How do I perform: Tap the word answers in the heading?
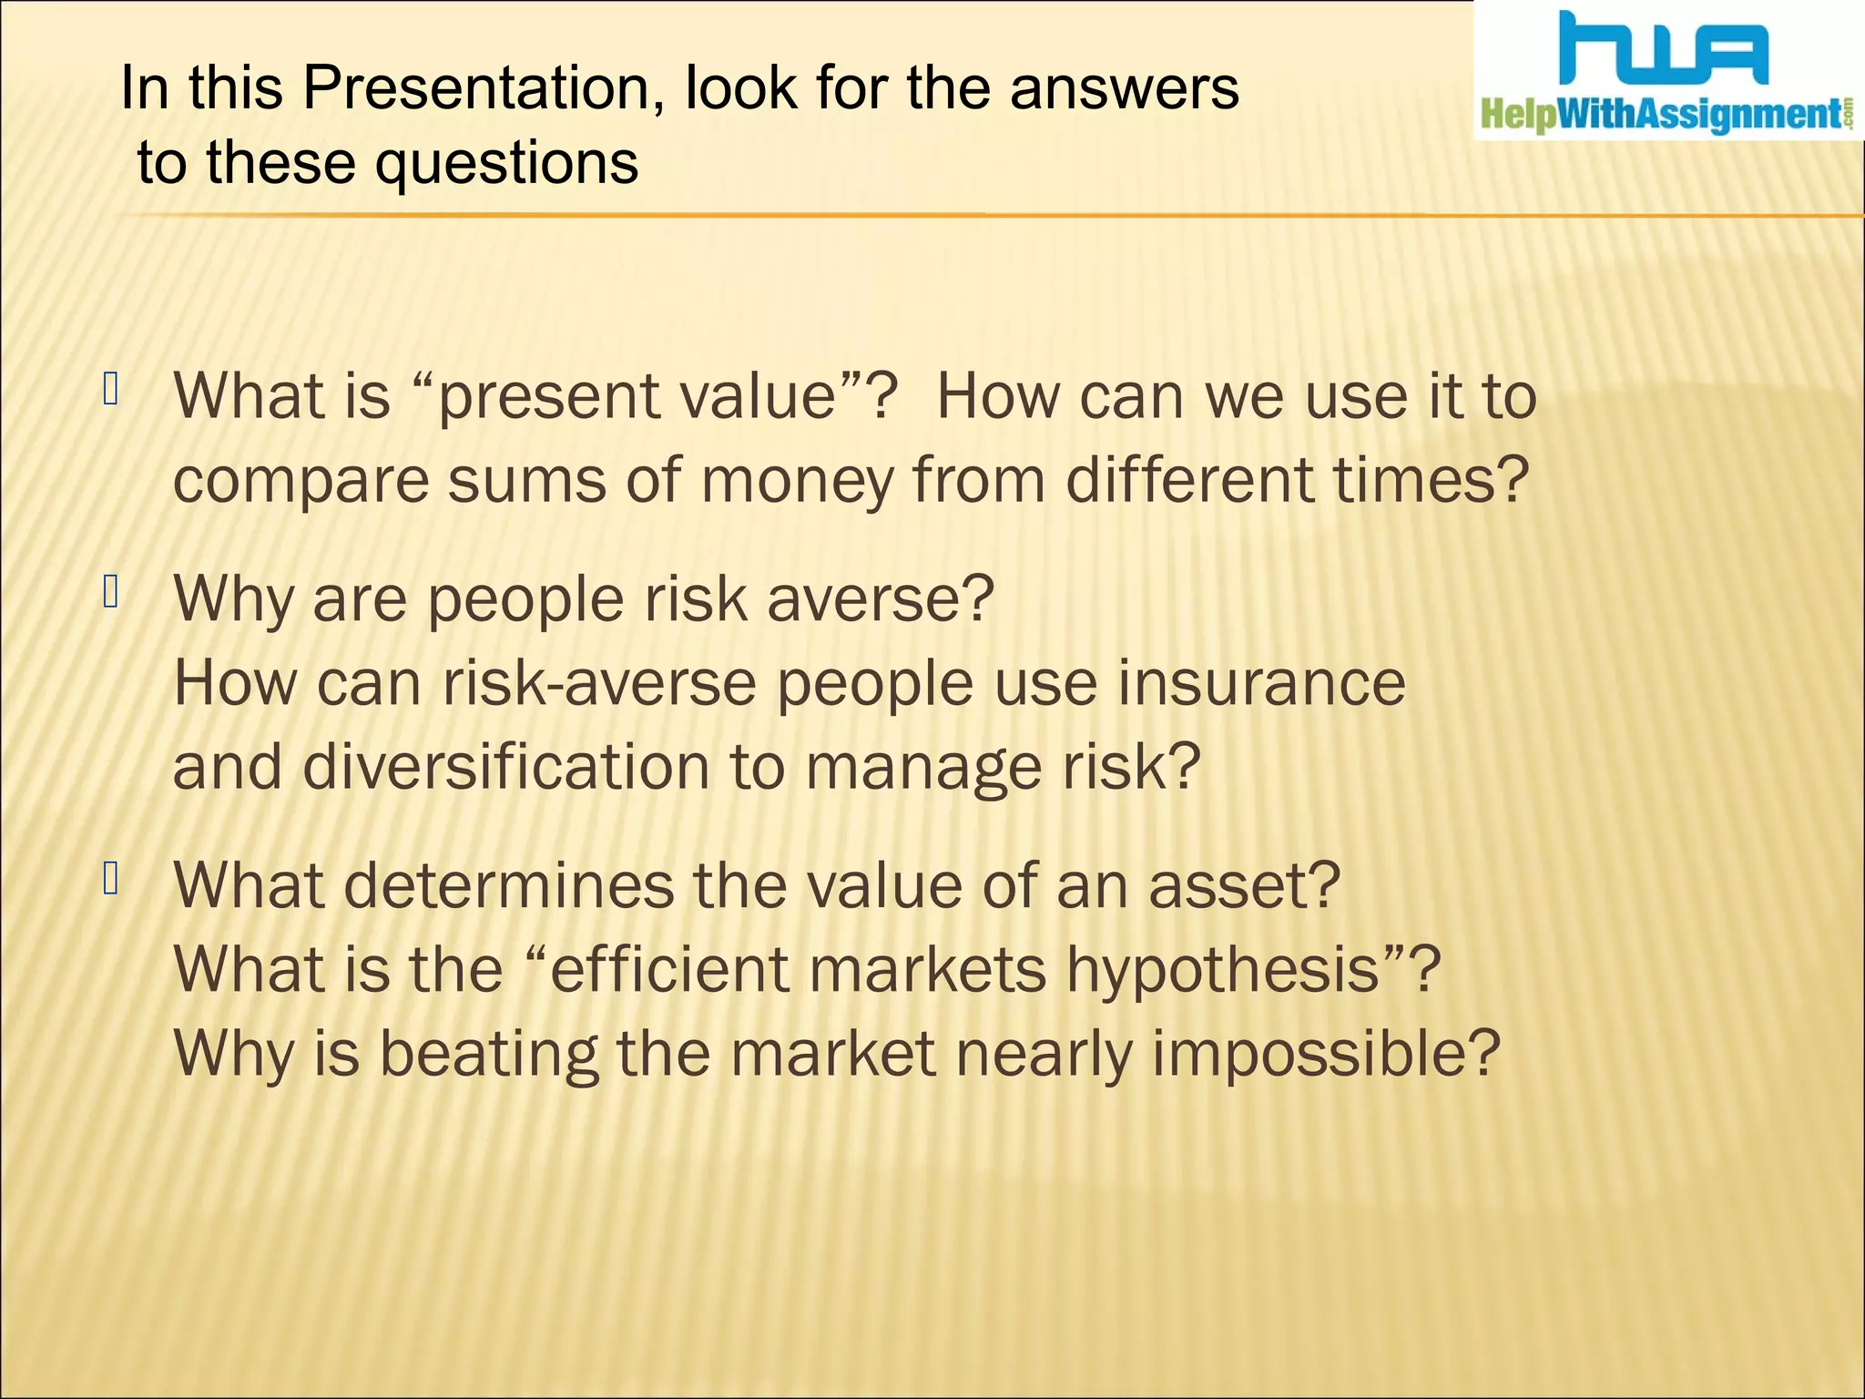point(1124,89)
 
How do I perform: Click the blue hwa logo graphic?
point(1663,50)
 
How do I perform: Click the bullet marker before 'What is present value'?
point(111,390)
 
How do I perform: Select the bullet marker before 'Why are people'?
point(111,593)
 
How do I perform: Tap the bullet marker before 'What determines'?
point(111,879)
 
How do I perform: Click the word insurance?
point(1261,683)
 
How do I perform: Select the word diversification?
point(505,767)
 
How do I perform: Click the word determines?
point(509,885)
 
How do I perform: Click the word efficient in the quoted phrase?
point(668,969)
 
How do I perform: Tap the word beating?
point(489,1055)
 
